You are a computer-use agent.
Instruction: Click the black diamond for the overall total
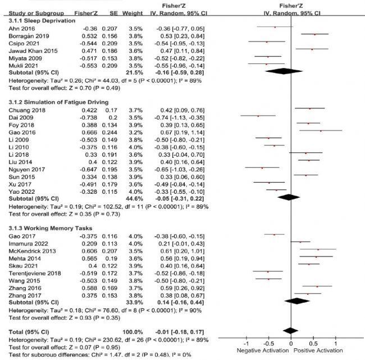click(290, 330)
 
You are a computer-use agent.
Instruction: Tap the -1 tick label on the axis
click(245, 343)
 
